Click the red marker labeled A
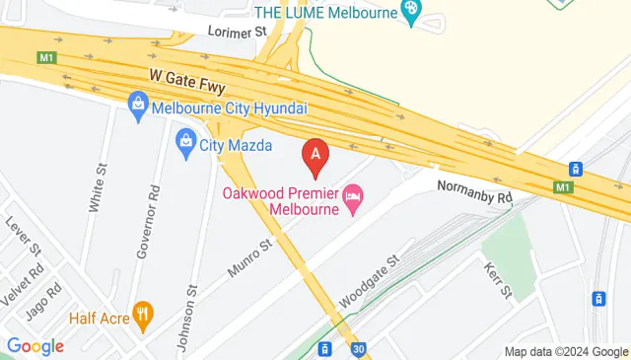coord(315,154)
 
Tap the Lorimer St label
coord(238,32)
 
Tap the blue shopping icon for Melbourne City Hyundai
coord(139,104)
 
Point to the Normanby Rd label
coord(476,191)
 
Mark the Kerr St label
coord(498,279)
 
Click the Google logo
coord(35,345)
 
